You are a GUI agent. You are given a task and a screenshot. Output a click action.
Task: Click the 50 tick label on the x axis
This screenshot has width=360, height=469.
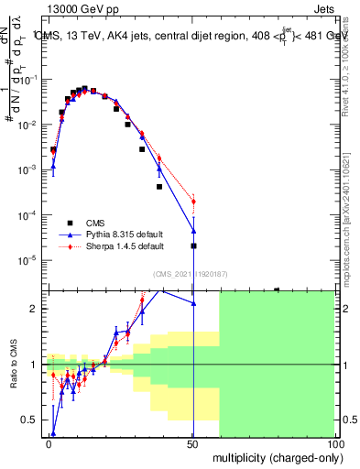tap(193, 442)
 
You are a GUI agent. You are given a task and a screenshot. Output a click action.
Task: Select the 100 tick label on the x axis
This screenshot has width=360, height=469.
tap(335, 442)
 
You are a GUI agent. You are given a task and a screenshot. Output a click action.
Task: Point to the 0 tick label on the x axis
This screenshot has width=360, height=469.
tap(49, 442)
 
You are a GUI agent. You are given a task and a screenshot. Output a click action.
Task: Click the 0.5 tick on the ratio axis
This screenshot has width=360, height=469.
tap(33, 420)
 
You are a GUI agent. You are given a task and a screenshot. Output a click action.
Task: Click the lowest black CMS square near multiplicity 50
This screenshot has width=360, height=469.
tap(193, 245)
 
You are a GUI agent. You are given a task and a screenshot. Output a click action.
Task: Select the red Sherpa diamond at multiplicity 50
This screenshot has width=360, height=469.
tap(193, 202)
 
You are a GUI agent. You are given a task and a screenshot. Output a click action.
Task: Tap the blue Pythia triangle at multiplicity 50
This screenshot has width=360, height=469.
tap(193, 230)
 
